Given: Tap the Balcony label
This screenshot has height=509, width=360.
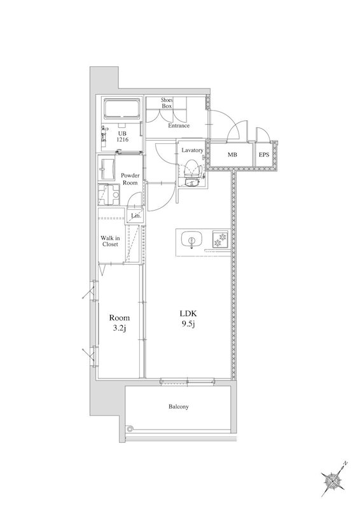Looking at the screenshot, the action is (x=178, y=407).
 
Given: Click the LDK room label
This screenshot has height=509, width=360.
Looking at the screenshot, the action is (x=188, y=314).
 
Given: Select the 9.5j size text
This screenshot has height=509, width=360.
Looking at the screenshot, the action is (x=188, y=324).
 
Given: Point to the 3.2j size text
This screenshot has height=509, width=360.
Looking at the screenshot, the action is (x=119, y=328).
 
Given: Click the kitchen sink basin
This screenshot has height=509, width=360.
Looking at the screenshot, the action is (x=192, y=240).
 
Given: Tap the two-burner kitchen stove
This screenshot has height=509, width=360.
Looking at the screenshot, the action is (x=221, y=240).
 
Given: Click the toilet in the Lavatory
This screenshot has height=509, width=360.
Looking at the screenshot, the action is (x=191, y=172).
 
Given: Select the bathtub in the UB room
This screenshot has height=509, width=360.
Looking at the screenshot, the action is (x=122, y=109).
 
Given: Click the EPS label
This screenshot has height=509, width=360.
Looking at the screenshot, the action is (x=264, y=155).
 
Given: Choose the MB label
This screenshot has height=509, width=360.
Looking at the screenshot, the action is (x=232, y=155).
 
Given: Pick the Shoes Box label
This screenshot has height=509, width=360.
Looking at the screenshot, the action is (x=167, y=103).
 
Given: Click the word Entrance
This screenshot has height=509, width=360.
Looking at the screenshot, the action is (x=179, y=125).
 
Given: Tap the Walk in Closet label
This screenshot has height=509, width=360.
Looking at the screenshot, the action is (x=110, y=241).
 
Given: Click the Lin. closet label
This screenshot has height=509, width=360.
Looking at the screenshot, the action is (x=136, y=216).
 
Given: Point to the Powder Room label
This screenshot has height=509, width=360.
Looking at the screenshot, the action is (x=130, y=179).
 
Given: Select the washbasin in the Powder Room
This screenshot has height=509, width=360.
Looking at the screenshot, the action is (x=106, y=169).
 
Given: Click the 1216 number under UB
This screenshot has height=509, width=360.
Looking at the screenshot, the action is (x=123, y=139).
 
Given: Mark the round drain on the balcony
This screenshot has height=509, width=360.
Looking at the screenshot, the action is (x=130, y=428).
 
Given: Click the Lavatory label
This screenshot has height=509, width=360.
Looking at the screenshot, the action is (x=192, y=150).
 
